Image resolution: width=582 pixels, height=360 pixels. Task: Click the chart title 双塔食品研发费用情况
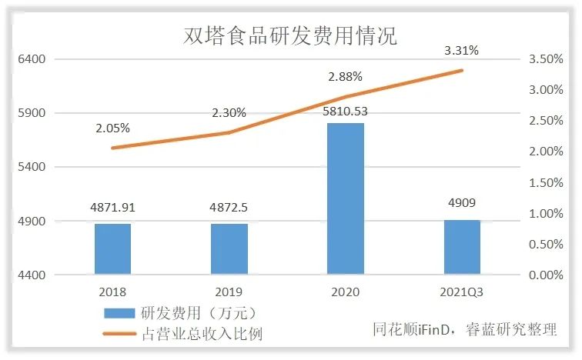click(x=290, y=36)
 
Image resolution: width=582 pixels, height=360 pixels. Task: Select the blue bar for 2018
click(x=112, y=248)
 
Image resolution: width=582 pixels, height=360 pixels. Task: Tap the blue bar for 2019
click(x=229, y=248)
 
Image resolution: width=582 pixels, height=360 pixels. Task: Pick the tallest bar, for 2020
click(x=345, y=198)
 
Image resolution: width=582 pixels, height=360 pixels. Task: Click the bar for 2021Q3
click(x=461, y=247)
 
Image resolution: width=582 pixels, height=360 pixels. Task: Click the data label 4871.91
click(x=112, y=208)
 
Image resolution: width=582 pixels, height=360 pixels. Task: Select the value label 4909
click(x=461, y=205)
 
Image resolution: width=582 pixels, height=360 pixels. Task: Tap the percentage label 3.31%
click(x=461, y=51)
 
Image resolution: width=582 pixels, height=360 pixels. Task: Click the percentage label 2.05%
click(x=112, y=128)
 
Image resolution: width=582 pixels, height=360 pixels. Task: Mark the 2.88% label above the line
click(x=345, y=77)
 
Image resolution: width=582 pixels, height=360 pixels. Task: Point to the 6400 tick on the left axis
click(x=32, y=59)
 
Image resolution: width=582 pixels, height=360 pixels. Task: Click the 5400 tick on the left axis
click(x=32, y=167)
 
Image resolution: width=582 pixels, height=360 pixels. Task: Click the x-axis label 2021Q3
click(x=461, y=292)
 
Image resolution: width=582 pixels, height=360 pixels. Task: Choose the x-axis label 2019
click(x=229, y=292)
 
